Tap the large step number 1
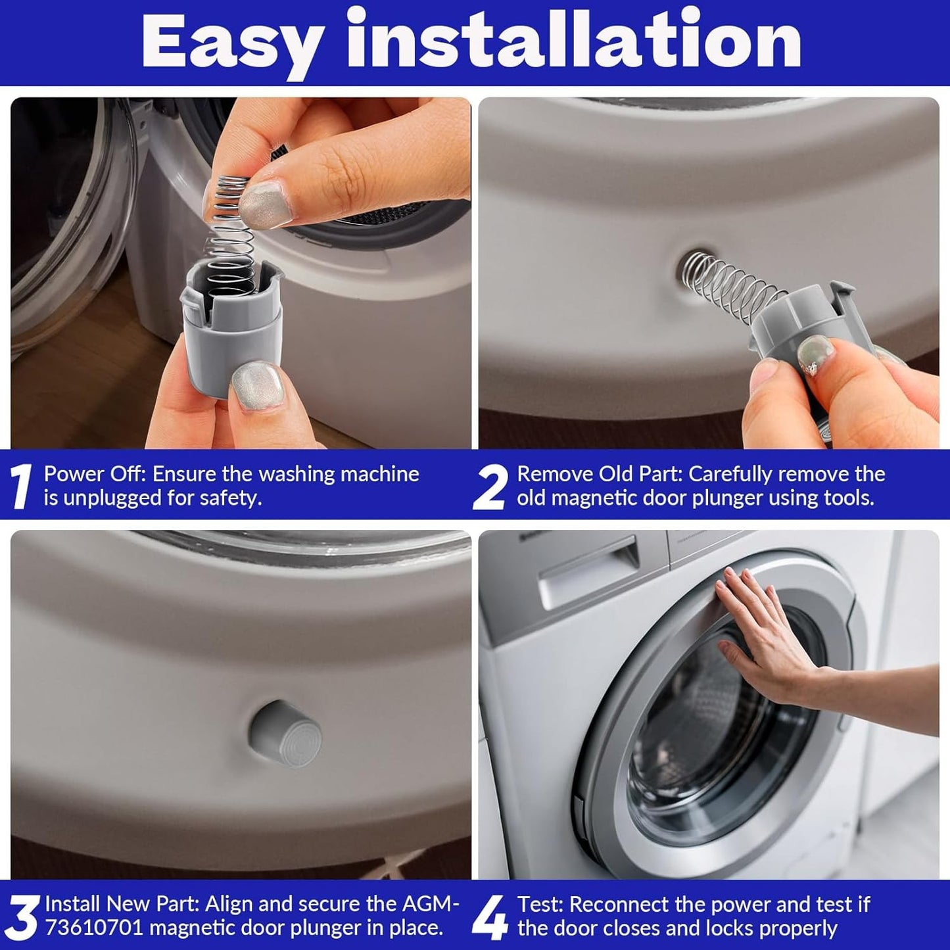click(x=21, y=486)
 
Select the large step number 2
click(x=488, y=488)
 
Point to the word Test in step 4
click(x=540, y=905)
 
